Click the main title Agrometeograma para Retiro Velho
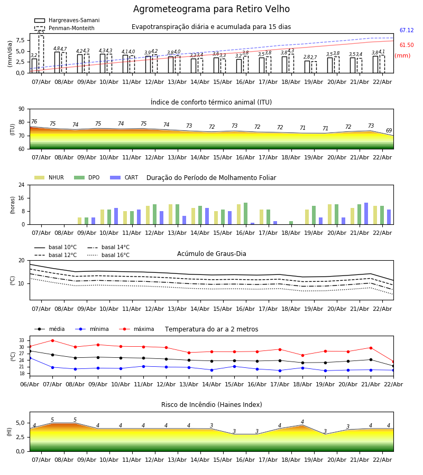(212, 9)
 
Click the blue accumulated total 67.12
(407, 31)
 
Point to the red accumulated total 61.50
(407, 45)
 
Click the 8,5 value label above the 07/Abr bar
(41, 32)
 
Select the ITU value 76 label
(34, 122)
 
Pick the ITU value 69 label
(389, 131)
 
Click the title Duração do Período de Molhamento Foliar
(211, 178)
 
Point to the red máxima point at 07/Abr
(52, 340)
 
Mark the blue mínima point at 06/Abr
(30, 358)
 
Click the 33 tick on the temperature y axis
(22, 340)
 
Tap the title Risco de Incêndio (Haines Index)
(212, 405)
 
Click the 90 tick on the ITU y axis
(21, 109)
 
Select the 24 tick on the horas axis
(21, 185)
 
